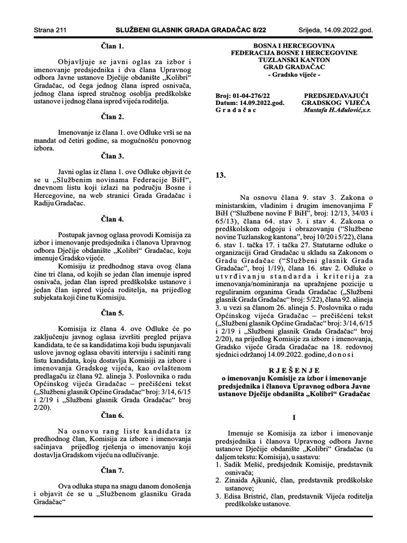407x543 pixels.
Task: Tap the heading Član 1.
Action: [112, 46]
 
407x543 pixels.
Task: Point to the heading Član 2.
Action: [112, 116]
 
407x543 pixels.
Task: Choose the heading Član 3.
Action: [112, 156]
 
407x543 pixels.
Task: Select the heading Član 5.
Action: [112, 313]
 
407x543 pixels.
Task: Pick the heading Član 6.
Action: [112, 415]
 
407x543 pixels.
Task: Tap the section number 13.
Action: [221, 174]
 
